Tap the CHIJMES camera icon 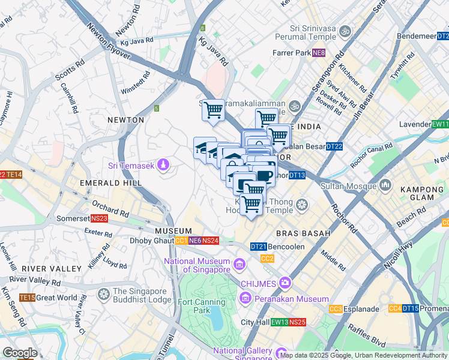point(285,283)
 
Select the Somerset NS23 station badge point(100,219)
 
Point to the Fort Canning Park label point(195,306)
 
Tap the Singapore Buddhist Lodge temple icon point(104,295)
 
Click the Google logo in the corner point(19,353)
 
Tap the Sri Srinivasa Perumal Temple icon point(345,31)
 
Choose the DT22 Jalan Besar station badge point(334,146)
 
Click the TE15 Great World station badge point(27,297)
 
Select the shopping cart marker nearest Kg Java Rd point(212,110)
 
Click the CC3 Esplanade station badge point(336,309)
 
